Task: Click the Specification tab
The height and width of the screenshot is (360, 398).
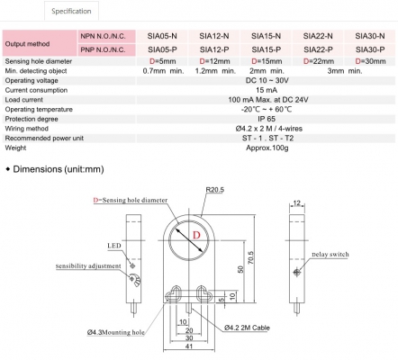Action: pyautogui.click(x=71, y=11)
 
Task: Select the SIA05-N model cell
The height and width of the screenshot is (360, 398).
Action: pyautogui.click(x=162, y=36)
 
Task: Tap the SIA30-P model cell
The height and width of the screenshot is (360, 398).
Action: pyautogui.click(x=370, y=49)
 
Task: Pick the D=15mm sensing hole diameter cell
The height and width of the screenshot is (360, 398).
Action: pyautogui.click(x=267, y=61)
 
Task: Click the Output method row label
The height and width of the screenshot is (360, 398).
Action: pyautogui.click(x=27, y=44)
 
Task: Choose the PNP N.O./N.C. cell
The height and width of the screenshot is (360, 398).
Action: pyautogui.click(x=103, y=49)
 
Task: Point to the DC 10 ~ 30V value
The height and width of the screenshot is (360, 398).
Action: pyautogui.click(x=267, y=81)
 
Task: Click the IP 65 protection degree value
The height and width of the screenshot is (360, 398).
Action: pyautogui.click(x=267, y=119)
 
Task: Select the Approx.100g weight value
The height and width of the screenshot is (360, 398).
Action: pyautogui.click(x=267, y=148)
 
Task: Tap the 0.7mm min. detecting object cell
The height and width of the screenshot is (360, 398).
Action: pyautogui.click(x=163, y=71)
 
